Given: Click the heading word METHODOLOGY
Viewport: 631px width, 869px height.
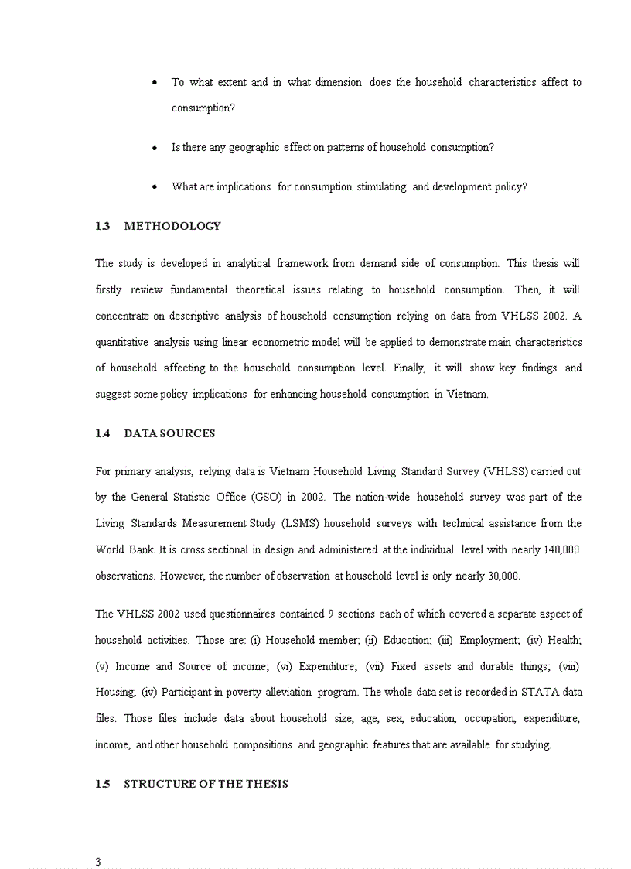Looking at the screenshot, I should tap(172, 226).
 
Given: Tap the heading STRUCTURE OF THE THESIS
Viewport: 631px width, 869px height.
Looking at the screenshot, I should tap(206, 784).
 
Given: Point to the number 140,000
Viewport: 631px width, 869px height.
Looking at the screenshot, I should tap(559, 549).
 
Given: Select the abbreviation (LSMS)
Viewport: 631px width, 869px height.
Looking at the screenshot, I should tap(296, 523).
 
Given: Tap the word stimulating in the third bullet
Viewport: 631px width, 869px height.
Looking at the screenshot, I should tap(381, 186).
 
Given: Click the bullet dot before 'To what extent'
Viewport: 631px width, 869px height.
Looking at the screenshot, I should tap(155, 83).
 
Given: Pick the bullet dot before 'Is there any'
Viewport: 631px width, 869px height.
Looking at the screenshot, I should tap(155, 148).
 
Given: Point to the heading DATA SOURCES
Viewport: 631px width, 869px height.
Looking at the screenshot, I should tap(169, 433).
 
